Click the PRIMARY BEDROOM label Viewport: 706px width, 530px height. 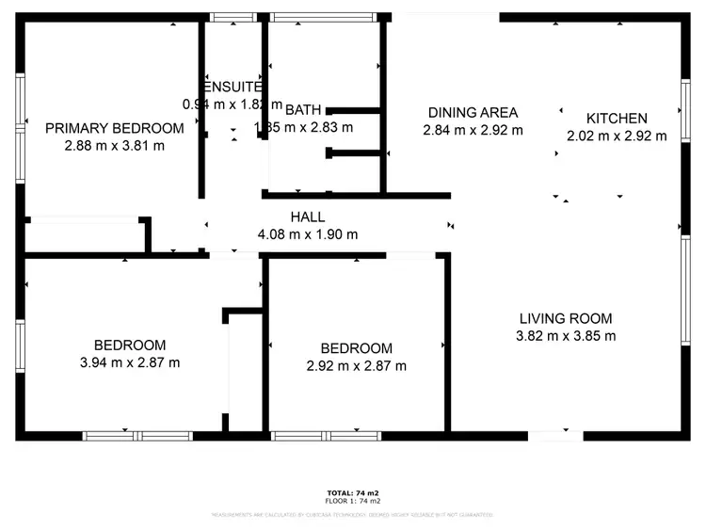[x=114, y=129]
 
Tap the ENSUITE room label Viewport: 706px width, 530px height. [x=231, y=88]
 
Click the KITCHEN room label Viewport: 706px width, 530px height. [x=617, y=119]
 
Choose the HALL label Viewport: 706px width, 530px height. [x=307, y=217]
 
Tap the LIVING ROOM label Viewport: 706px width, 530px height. [x=565, y=318]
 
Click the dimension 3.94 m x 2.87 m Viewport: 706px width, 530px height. [x=130, y=362]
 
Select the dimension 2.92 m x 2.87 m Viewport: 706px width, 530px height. [x=356, y=365]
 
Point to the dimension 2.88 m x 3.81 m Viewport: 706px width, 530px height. [x=114, y=146]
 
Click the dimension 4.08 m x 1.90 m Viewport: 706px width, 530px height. [x=307, y=234]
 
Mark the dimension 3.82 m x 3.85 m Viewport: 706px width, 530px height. [x=565, y=335]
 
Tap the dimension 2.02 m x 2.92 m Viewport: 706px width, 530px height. [x=617, y=136]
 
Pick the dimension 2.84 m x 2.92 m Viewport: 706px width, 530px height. [x=472, y=130]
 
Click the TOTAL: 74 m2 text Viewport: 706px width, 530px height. [x=353, y=492]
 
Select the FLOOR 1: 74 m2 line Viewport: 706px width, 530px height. [x=353, y=501]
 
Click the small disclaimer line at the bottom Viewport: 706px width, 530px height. [x=353, y=515]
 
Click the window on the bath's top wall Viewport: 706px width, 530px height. [x=322, y=17]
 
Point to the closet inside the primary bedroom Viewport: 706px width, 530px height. [x=85, y=235]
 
